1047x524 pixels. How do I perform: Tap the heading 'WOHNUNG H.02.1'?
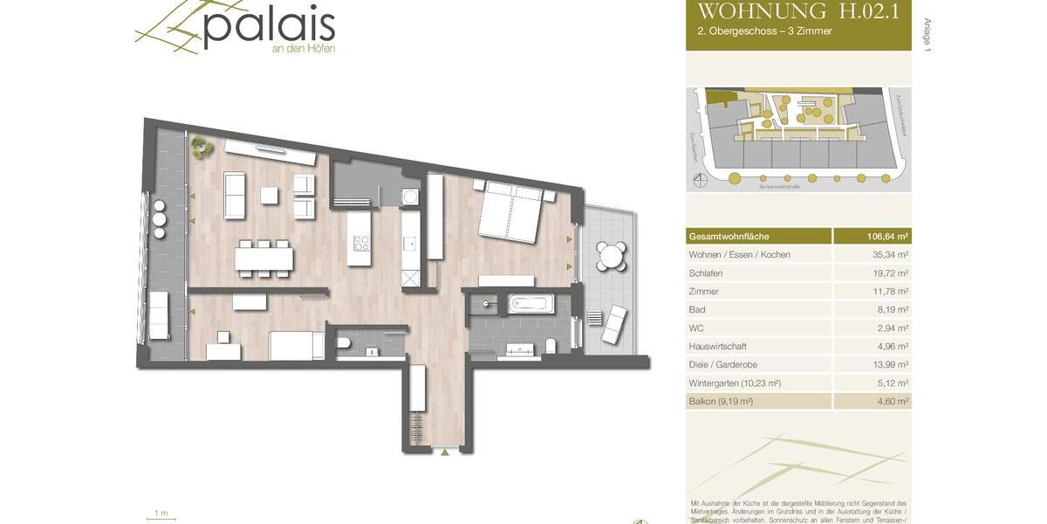tap(798, 11)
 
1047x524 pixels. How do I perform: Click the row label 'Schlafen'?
tap(706, 273)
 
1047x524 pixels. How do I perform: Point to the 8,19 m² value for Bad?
tap(891, 310)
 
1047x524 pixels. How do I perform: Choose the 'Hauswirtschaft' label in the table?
tap(718, 347)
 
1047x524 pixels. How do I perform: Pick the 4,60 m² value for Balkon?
tap(891, 402)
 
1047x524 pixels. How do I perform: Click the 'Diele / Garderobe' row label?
tap(723, 365)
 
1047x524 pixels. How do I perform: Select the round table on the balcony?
tap(611, 257)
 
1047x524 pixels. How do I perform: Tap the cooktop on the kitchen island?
tap(359, 244)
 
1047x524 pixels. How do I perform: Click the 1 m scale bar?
tap(161, 518)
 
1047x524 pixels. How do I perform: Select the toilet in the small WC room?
tap(344, 342)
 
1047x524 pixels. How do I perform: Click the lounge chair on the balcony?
tap(614, 323)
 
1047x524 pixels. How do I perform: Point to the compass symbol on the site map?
tap(700, 182)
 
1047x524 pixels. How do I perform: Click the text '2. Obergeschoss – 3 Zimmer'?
tap(758, 31)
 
